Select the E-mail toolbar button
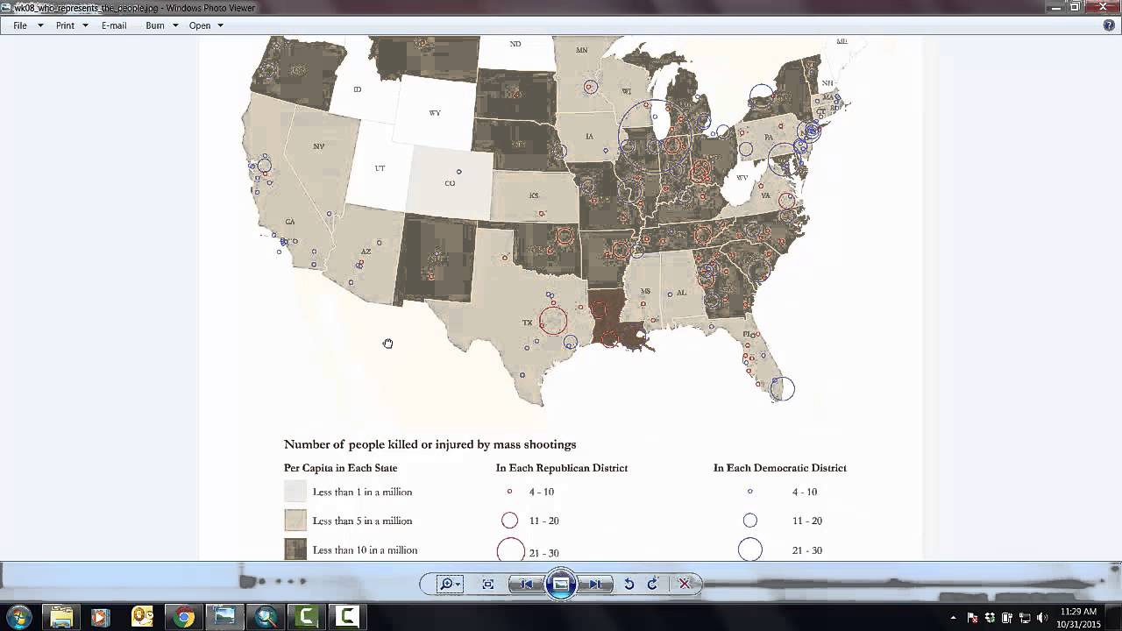(x=114, y=25)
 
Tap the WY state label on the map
(x=435, y=113)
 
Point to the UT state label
(x=380, y=168)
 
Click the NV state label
(x=318, y=146)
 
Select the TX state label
(x=528, y=323)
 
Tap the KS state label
(x=534, y=195)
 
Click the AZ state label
(x=366, y=252)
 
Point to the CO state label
(x=450, y=183)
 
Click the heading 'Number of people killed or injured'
(x=430, y=444)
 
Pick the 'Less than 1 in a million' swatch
(x=295, y=492)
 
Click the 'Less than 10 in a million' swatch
(x=295, y=549)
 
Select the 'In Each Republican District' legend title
(x=562, y=468)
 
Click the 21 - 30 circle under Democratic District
(x=749, y=549)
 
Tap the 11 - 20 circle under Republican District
(x=509, y=521)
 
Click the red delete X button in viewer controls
(x=685, y=584)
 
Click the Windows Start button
(x=18, y=616)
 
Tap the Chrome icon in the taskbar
(x=183, y=617)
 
